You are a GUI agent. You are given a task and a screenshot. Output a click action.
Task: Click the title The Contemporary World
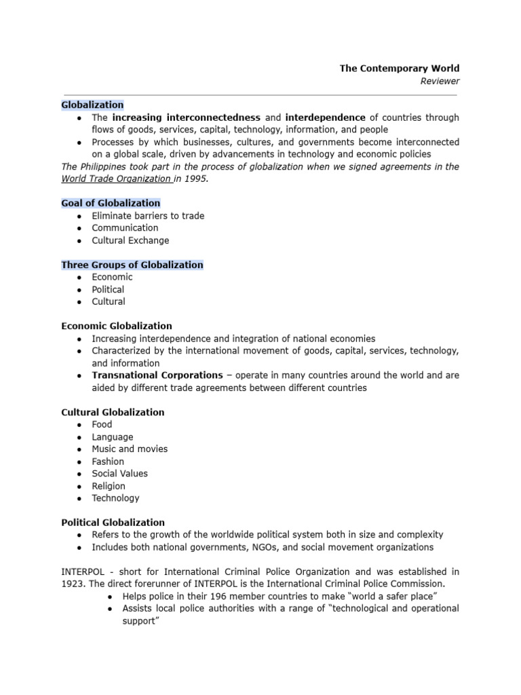400,68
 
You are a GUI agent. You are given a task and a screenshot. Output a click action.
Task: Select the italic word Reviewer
440,81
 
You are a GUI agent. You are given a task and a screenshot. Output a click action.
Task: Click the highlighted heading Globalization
92,105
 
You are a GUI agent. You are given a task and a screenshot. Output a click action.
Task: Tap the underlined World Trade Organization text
115,179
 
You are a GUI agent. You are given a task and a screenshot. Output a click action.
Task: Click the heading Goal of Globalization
111,203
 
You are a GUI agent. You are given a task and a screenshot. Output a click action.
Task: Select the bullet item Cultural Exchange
130,240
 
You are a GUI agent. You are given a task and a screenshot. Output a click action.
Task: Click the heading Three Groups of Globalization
132,265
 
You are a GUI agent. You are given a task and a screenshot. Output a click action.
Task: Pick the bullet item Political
109,289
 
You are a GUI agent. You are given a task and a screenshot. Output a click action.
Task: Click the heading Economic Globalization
117,326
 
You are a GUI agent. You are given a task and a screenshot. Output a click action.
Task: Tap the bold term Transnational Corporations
157,375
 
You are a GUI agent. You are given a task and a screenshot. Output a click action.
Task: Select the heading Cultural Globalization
113,412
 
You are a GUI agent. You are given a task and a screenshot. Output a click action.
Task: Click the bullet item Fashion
109,462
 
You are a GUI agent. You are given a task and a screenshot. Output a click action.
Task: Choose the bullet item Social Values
119,473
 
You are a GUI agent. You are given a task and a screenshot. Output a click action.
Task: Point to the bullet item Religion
109,486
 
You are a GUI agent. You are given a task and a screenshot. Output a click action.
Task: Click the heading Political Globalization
113,523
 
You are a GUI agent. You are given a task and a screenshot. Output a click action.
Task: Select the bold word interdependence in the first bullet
325,117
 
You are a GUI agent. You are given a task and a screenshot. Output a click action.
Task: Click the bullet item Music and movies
130,449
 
